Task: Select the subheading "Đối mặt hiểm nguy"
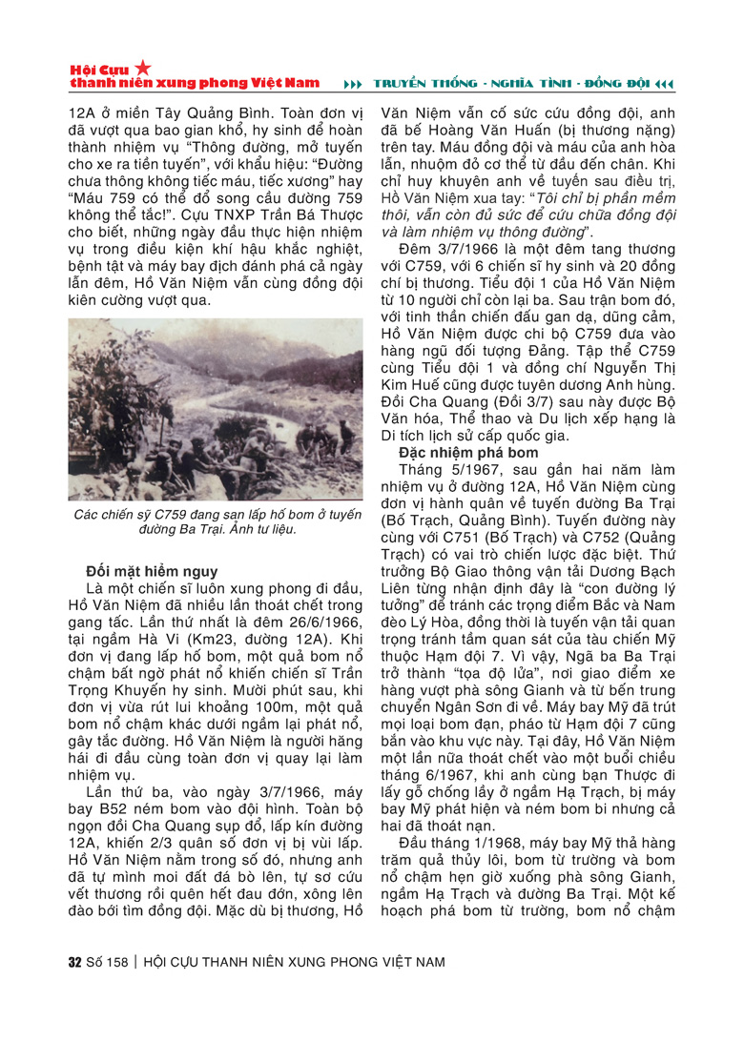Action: [151, 572]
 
